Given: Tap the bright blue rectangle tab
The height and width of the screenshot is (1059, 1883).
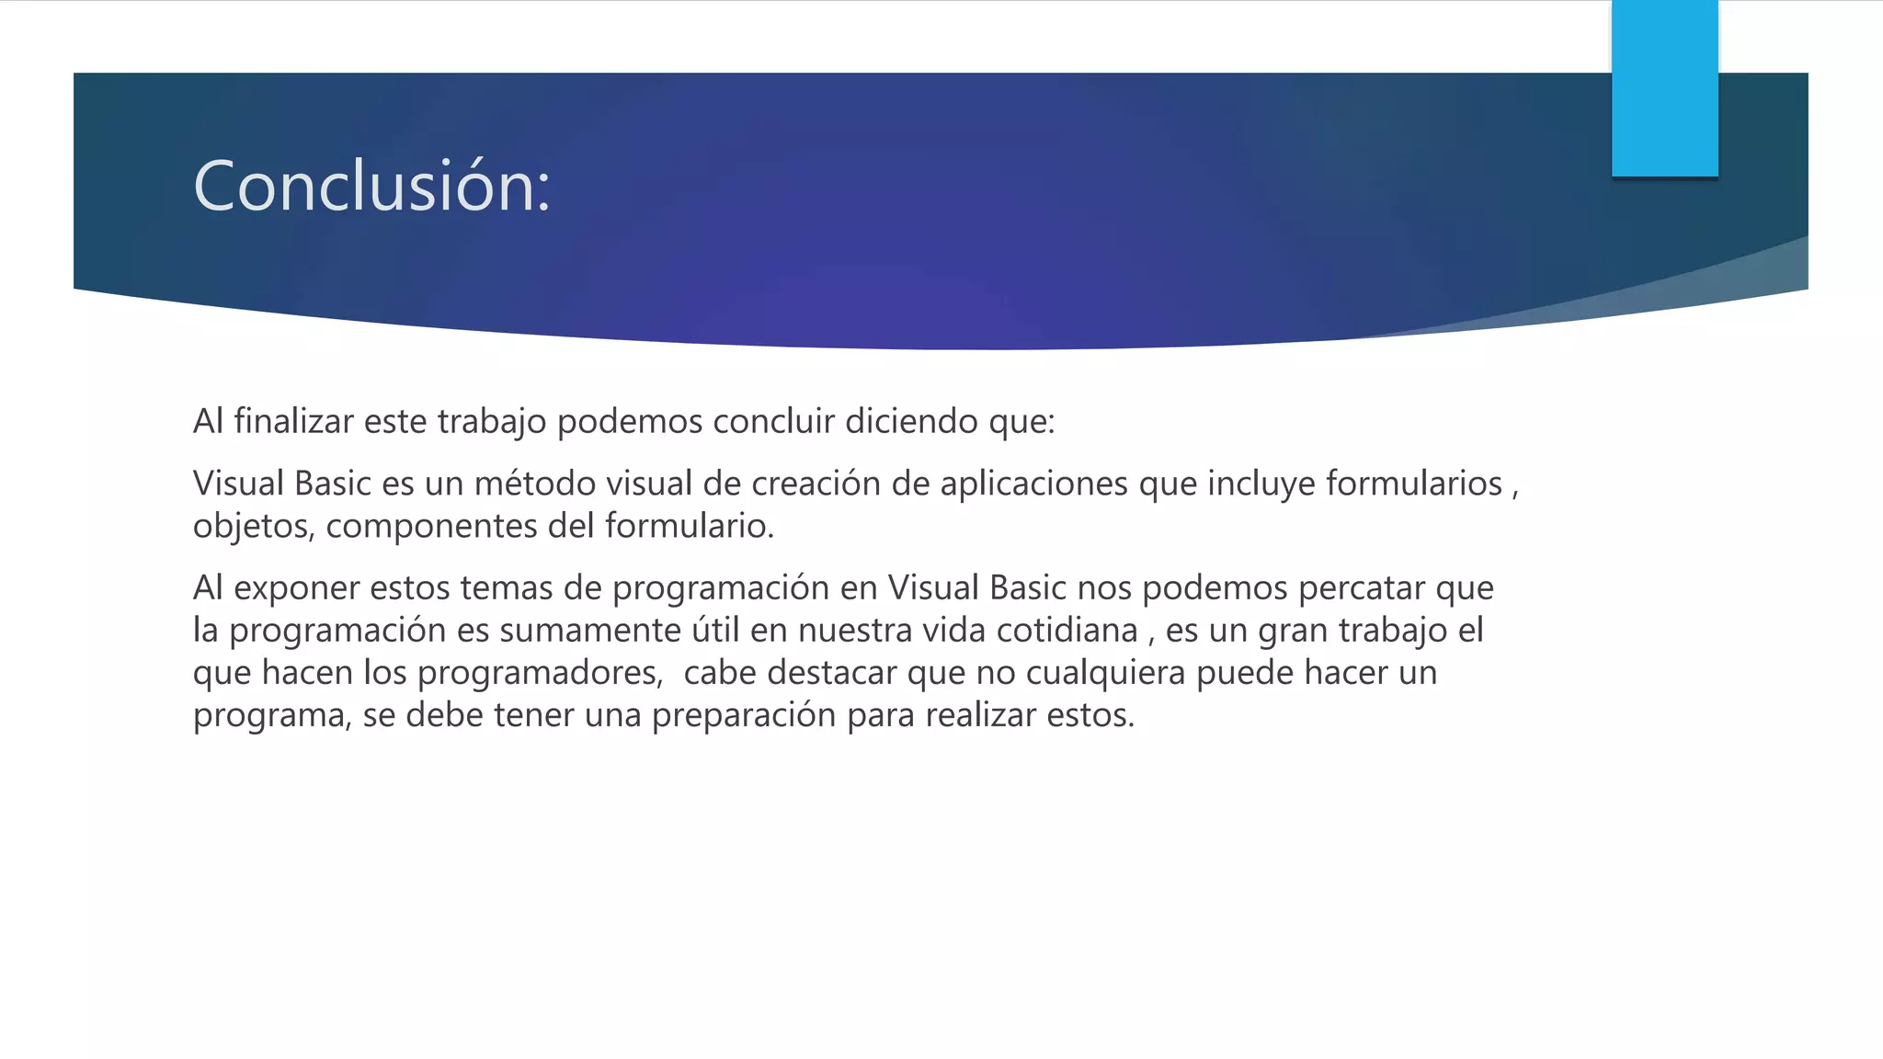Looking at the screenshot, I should [1664, 88].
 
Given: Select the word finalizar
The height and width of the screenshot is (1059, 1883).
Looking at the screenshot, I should [293, 422].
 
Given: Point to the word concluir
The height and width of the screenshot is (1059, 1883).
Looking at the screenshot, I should [773, 422].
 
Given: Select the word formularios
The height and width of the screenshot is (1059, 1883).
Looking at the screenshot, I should [1413, 484].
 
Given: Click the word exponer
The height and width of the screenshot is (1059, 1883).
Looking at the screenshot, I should [296, 588].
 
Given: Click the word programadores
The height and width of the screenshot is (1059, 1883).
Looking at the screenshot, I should [540, 674].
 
